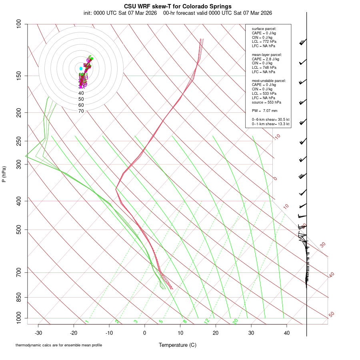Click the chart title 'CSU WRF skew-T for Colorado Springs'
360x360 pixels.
coord(178,6)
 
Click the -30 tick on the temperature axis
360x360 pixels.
coord(38,333)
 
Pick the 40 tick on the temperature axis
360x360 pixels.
coord(287,333)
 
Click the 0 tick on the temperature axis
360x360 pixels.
coord(145,333)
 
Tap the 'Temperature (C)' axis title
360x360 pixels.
coord(178,345)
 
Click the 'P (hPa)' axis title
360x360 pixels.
coord(4,174)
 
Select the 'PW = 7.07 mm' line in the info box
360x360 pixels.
coord(264,111)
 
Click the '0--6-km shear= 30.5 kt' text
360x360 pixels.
coord(270,120)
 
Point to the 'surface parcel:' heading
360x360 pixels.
coord(264,29)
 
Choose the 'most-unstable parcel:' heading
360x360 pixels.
coord(269,81)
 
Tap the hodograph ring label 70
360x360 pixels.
coord(81,111)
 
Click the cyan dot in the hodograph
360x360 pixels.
coord(81,68)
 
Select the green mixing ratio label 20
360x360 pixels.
coord(236,321)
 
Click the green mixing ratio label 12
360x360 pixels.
coord(207,321)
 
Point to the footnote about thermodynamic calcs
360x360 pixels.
coord(59,345)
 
